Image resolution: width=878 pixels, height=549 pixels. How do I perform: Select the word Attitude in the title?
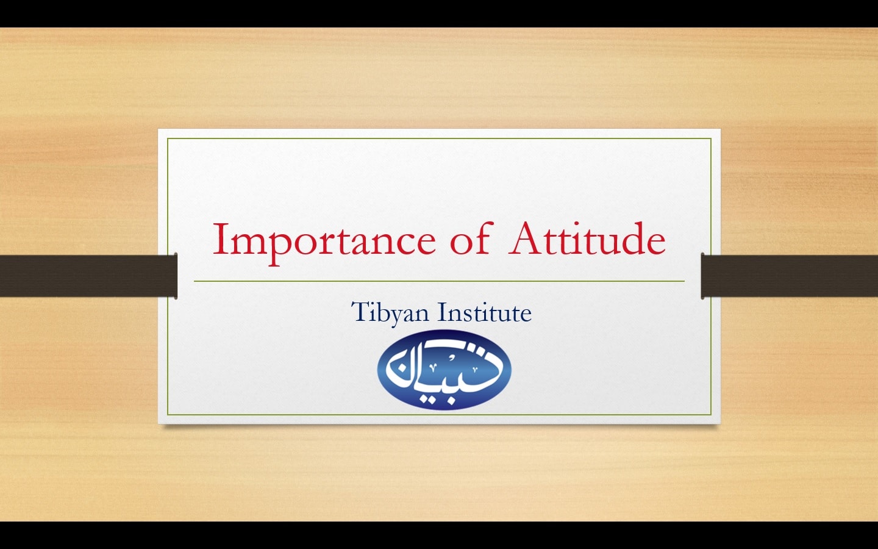587,238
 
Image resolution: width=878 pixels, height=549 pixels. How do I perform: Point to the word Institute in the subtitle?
485,312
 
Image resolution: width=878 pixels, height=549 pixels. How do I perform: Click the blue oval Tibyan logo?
444,370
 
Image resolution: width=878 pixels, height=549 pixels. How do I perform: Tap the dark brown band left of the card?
88,275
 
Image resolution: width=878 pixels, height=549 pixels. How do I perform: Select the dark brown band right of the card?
790,275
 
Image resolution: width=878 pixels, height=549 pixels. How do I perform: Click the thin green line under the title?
439,281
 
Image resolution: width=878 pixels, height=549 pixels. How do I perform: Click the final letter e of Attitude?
655,244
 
